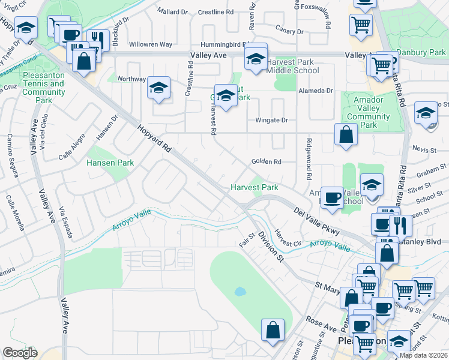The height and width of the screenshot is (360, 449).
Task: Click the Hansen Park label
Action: coord(110,163)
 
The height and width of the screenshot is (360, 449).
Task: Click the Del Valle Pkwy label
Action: coord(317,221)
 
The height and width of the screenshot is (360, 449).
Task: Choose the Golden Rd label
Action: coord(267,161)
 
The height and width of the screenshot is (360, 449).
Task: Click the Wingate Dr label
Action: coord(272,120)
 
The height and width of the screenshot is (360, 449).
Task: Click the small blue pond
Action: coord(240,292)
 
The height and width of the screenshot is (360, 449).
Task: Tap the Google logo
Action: coord(20,352)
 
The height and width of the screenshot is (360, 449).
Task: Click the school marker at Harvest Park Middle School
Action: coord(256,60)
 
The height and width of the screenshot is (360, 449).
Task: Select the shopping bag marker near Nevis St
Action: coord(346,135)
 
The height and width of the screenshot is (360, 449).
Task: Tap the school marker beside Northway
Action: coord(159,89)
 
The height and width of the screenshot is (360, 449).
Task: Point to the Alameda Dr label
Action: coord(316,91)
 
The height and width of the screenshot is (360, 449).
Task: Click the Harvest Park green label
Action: coord(255,187)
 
